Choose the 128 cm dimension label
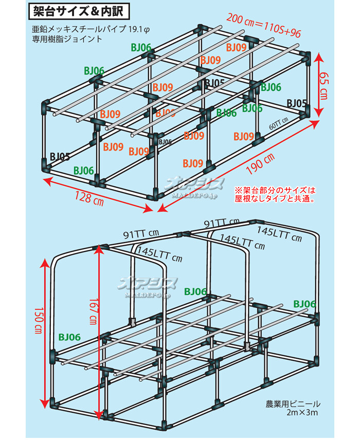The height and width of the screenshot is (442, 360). pos(88,198)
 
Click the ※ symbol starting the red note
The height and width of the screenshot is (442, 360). pos(238,189)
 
